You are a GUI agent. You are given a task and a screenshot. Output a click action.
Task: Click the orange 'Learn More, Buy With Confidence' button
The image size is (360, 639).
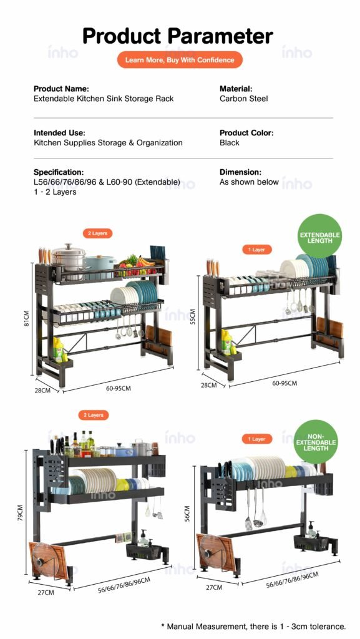[180, 60]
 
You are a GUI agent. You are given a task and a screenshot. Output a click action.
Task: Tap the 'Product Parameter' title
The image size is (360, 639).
[178, 36]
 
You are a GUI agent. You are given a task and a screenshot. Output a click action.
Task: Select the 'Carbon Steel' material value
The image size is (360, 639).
[243, 99]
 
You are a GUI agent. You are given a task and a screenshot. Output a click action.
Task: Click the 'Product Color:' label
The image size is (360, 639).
[246, 133]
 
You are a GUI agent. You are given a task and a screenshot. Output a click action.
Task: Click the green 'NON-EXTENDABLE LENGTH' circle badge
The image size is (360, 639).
[316, 442]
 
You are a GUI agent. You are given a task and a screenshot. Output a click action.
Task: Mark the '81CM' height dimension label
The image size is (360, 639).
[26, 319]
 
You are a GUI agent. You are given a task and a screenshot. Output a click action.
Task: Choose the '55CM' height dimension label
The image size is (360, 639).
[193, 316]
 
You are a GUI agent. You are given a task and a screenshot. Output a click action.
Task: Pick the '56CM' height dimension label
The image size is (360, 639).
[187, 514]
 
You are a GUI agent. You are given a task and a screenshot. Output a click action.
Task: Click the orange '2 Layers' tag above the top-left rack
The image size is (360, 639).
[97, 233]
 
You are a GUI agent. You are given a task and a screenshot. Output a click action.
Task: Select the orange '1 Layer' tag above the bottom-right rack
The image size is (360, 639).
[257, 439]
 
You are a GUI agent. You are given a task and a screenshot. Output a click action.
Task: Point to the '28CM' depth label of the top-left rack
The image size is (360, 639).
[42, 391]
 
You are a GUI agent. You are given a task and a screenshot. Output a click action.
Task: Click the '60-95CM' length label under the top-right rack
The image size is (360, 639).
[285, 383]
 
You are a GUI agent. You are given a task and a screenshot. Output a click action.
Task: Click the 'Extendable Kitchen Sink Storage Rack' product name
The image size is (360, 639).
[104, 99]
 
